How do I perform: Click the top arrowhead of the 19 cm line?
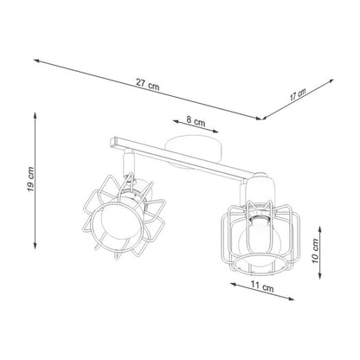35,112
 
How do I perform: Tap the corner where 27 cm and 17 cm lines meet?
261,117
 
